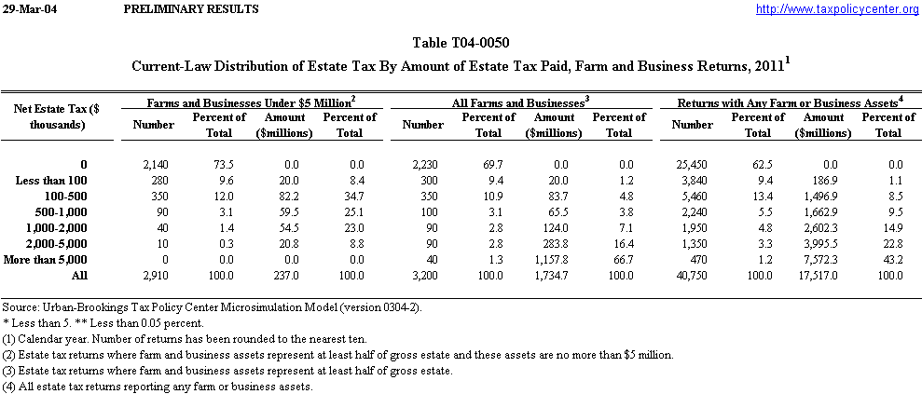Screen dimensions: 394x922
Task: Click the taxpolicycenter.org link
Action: (x=836, y=9)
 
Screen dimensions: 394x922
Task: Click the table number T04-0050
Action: (x=461, y=43)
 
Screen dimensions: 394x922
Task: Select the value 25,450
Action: (x=692, y=164)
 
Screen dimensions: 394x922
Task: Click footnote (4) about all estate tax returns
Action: (x=157, y=386)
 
